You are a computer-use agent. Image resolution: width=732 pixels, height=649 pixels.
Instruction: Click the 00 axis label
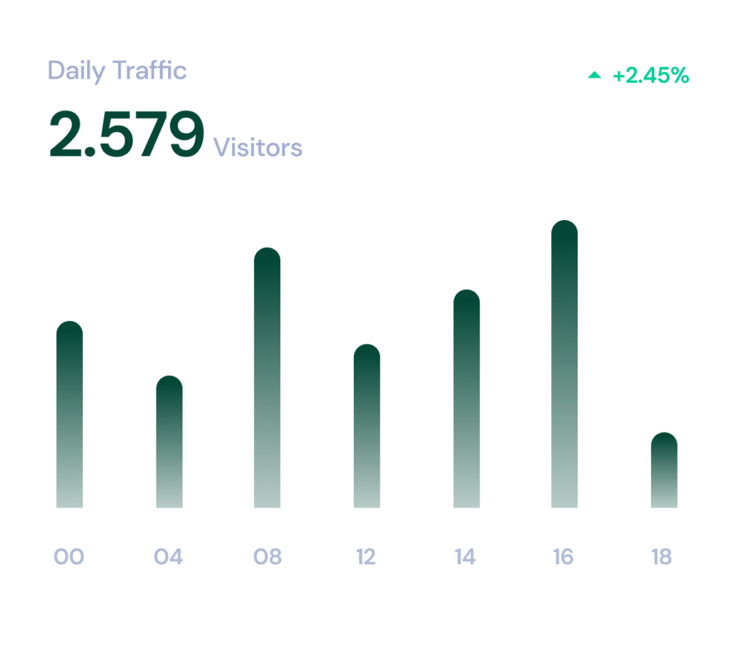coord(69,557)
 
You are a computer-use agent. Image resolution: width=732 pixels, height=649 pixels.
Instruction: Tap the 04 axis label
coord(169,557)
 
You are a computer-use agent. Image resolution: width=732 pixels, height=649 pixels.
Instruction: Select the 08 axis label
coord(267,557)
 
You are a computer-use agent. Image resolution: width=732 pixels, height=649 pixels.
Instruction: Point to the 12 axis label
coord(366,557)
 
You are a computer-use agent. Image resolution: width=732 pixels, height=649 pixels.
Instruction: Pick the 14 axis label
coord(465,557)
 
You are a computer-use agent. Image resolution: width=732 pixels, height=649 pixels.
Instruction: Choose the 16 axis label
coord(563,557)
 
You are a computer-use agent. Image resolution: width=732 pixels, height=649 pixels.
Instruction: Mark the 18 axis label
coord(662,557)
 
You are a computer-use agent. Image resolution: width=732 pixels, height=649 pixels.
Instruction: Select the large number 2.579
coord(127,135)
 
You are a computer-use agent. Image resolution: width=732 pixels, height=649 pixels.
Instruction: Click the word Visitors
coord(258,148)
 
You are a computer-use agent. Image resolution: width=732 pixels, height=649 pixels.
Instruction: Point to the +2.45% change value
coord(651,76)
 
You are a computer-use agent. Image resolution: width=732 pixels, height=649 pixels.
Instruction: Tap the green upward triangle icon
coord(595,75)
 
